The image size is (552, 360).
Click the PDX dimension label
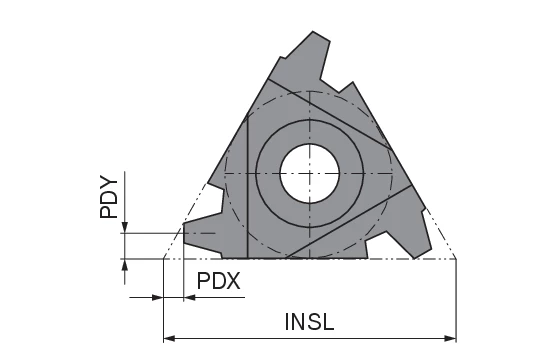click(218, 281)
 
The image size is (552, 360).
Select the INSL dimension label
click(309, 322)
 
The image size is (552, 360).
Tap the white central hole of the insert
click(310, 172)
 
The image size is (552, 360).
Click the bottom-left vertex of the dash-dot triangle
click(164, 258)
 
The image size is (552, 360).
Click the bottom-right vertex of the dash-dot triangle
click(456, 258)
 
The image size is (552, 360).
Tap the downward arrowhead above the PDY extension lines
click(124, 228)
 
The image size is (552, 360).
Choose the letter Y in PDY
click(110, 181)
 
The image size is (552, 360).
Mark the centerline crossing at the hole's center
click(310, 172)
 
